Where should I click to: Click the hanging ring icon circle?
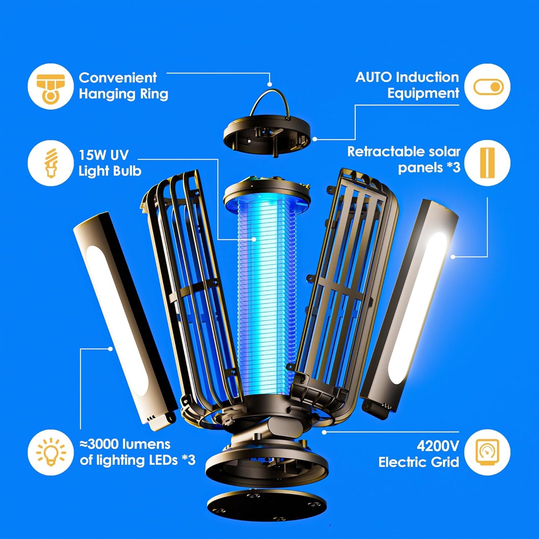[x=50, y=86]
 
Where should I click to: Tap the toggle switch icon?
[x=488, y=87]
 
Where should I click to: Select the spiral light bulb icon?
[x=50, y=163]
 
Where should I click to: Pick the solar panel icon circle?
[x=488, y=163]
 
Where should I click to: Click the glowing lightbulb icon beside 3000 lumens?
[x=50, y=452]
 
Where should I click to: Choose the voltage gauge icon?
[x=488, y=452]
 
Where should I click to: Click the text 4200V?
[x=438, y=446]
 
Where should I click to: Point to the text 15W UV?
[x=103, y=155]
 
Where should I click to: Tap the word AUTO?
[x=374, y=77]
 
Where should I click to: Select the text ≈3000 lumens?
[x=125, y=444]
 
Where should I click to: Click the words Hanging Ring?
[x=123, y=94]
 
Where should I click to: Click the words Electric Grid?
[x=418, y=463]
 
